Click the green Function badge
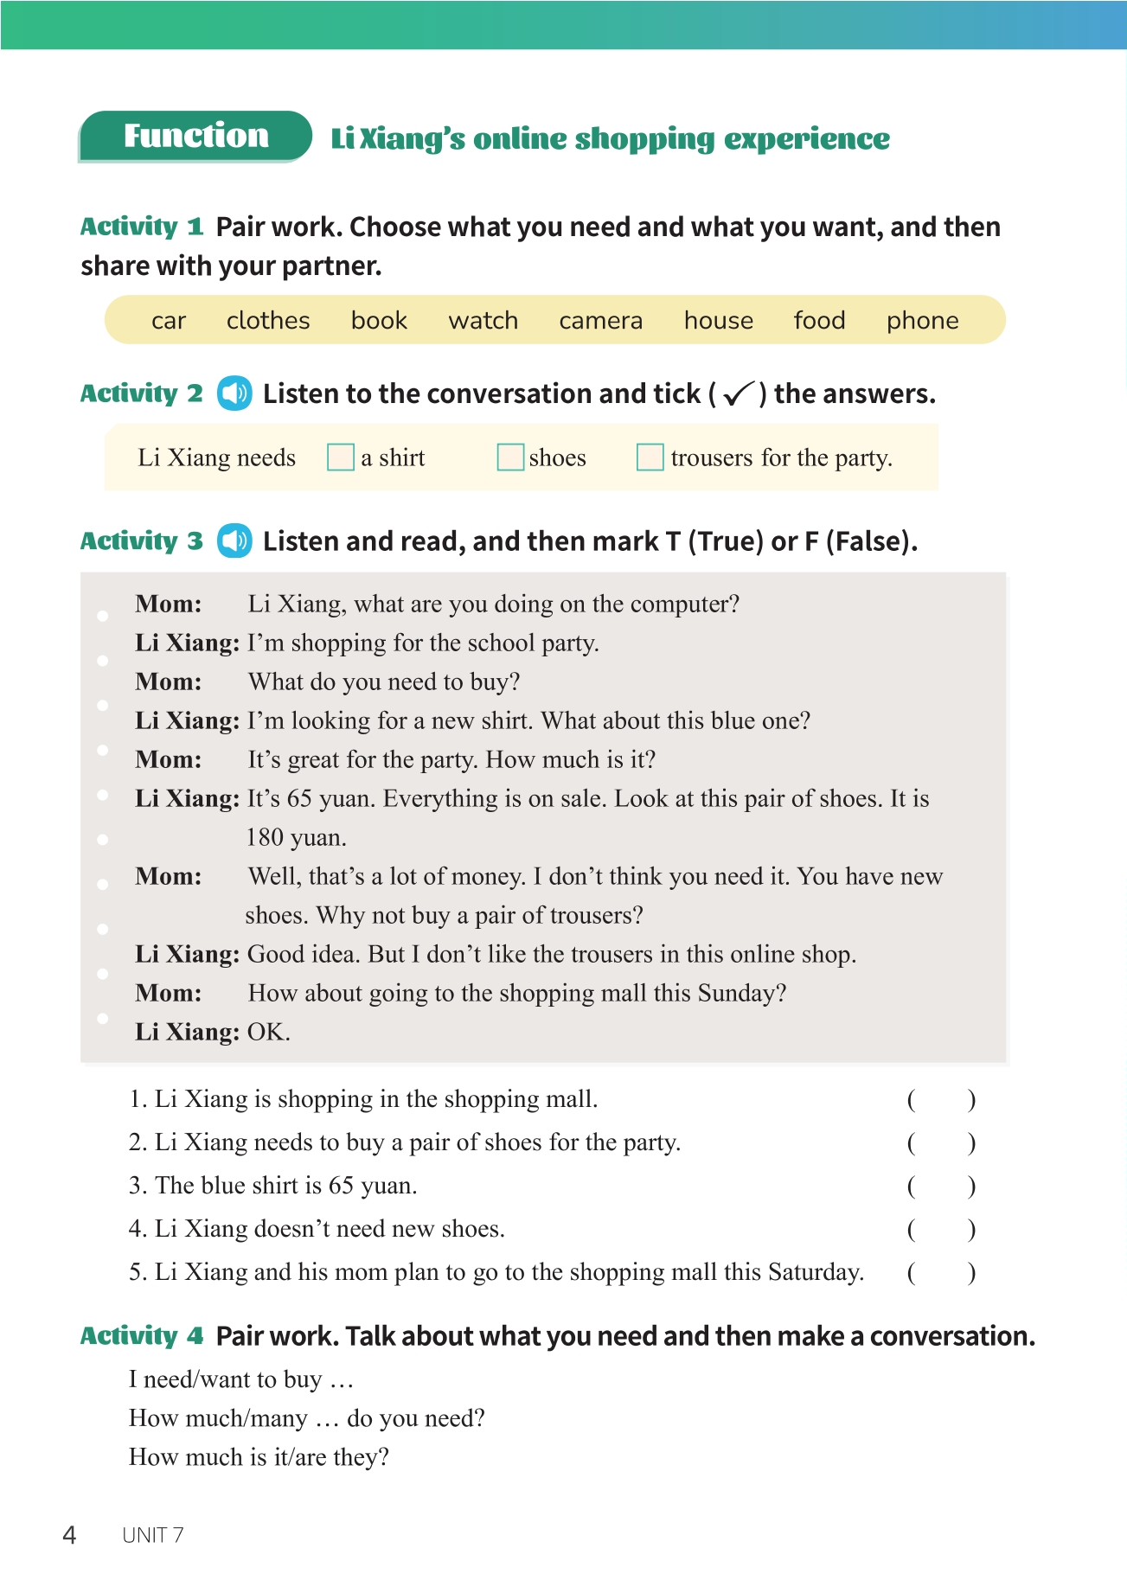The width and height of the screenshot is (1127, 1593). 195,137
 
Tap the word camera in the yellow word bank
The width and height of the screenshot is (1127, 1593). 600,321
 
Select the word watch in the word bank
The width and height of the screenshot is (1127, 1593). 483,321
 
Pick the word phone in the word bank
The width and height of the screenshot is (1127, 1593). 922,321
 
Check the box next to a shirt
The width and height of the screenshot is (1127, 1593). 341,457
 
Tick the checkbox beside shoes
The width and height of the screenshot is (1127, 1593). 510,457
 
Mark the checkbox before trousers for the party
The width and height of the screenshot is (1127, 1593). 650,457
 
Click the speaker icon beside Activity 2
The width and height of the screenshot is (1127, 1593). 234,393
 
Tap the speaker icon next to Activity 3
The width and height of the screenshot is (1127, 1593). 234,541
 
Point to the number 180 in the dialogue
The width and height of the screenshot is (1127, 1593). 265,837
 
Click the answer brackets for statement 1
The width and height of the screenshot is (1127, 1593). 941,1099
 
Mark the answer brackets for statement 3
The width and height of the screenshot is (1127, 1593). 941,1186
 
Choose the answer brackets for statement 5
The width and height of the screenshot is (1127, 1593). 941,1272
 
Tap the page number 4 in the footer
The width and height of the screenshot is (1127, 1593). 69,1535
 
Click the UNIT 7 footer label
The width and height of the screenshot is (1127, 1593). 153,1535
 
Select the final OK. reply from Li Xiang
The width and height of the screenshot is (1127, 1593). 268,1032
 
